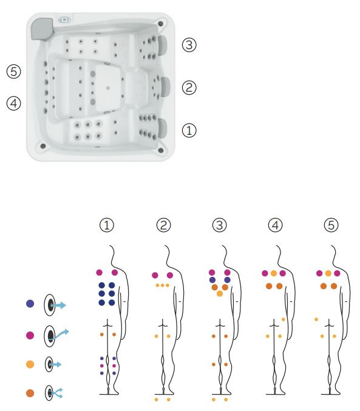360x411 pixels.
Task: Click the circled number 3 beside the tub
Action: coord(189,45)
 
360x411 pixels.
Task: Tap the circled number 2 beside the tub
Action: coord(189,87)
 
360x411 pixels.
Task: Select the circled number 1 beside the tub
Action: coord(189,131)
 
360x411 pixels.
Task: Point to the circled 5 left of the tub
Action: coord(13,72)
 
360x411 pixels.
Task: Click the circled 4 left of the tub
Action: coord(13,103)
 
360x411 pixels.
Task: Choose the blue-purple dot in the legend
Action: coord(30,304)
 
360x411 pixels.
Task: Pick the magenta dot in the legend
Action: coord(30,335)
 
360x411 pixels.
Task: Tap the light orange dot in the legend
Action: coord(30,364)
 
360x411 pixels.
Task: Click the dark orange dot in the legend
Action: coord(30,393)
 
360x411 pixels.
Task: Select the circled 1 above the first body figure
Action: coord(107,225)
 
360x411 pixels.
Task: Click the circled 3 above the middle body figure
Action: coord(220,225)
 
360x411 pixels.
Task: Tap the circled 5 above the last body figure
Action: coord(331,225)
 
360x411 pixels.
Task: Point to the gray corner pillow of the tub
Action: coord(42,29)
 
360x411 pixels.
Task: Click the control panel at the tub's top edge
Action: coord(64,19)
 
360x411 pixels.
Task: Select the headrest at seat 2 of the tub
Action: coord(166,87)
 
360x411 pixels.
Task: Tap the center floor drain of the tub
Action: coord(108,88)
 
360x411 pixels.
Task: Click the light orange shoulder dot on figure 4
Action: coord(274,273)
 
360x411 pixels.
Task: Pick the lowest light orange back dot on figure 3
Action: coord(220,294)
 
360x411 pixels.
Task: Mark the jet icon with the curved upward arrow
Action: coord(56,336)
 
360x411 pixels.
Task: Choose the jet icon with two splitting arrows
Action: coord(54,393)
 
